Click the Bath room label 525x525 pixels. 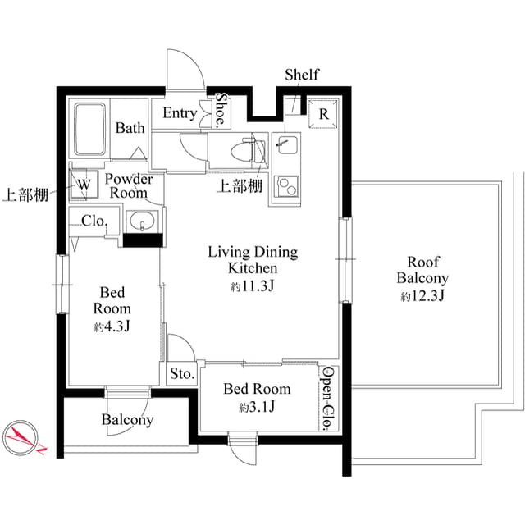[x=130, y=128]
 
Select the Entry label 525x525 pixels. [x=180, y=113]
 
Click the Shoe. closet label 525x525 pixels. [x=220, y=110]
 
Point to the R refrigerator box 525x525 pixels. [x=323, y=115]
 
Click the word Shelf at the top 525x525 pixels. [x=301, y=75]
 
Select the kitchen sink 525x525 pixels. [x=286, y=148]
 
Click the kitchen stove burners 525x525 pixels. [x=286, y=187]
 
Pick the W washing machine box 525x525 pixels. [x=84, y=185]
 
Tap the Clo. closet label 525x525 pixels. [x=93, y=221]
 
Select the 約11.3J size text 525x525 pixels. [x=252, y=286]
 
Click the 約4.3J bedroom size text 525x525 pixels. [x=113, y=326]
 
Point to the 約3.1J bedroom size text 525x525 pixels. [x=258, y=407]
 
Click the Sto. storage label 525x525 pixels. [x=181, y=374]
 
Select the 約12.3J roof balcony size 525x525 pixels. [x=422, y=296]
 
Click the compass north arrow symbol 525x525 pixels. [x=23, y=436]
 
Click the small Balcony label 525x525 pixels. [x=127, y=420]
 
